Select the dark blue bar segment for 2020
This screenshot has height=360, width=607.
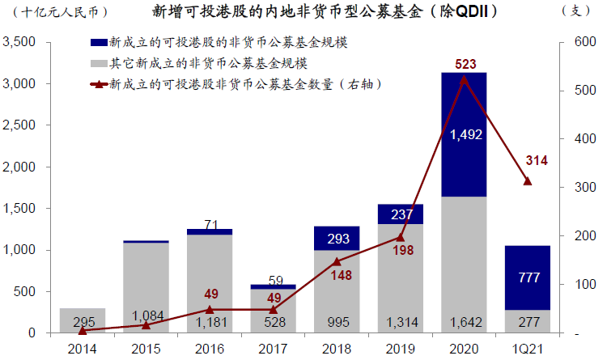[463, 134]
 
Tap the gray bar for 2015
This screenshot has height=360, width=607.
[146, 287]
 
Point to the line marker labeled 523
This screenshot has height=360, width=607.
[464, 78]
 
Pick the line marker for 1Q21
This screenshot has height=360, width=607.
[527, 180]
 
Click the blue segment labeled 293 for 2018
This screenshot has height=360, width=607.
[336, 239]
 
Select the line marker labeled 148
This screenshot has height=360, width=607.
[336, 261]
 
